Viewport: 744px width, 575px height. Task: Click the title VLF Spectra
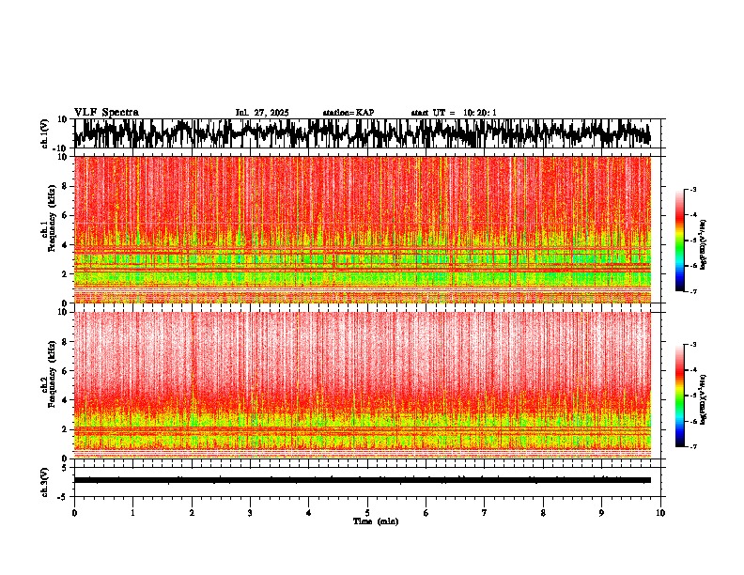coord(106,113)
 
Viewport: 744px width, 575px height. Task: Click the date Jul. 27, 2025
coord(261,113)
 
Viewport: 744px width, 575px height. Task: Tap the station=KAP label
coord(348,113)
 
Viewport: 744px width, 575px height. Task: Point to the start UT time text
coord(453,113)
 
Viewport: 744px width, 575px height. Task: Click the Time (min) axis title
coord(367,521)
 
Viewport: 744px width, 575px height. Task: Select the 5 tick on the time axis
coord(367,513)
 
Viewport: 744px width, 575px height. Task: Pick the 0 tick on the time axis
coord(74,513)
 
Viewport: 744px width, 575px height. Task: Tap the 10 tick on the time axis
coord(660,513)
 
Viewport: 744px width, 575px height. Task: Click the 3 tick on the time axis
coord(250,513)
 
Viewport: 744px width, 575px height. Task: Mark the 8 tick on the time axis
coord(543,513)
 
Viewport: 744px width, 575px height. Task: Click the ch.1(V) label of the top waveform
coord(45,133)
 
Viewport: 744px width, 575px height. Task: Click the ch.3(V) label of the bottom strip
coord(45,479)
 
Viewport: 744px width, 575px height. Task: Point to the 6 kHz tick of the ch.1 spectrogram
coord(66,215)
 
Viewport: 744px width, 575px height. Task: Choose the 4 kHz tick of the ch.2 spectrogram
coord(66,399)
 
